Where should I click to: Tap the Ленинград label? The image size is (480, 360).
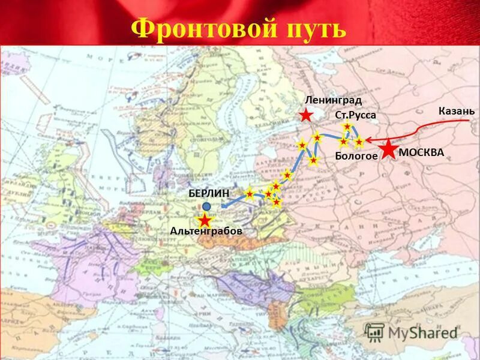point(333,100)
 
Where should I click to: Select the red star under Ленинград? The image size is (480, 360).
point(306,115)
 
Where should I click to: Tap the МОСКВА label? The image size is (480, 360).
point(421,152)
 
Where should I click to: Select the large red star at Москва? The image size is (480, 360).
point(388,149)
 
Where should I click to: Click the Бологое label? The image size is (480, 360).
point(356,156)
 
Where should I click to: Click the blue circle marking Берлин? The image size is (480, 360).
point(206,206)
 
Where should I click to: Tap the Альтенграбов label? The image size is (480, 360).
point(206,231)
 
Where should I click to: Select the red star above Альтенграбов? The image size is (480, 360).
point(205,220)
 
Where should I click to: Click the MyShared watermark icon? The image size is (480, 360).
point(375,332)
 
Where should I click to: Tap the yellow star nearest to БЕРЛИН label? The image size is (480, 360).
point(250,193)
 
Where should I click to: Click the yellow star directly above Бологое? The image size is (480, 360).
point(344,142)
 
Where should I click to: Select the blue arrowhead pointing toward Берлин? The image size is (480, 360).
point(223,206)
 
